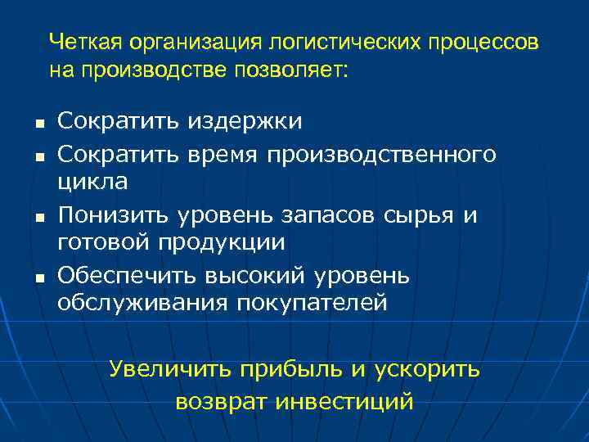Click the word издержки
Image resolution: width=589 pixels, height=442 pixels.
click(245, 122)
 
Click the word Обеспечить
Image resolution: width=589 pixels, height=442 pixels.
click(125, 276)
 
